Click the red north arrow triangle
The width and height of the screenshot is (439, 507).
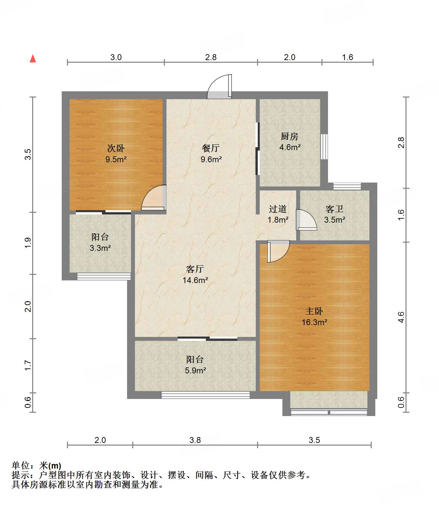pyautogui.click(x=33, y=59)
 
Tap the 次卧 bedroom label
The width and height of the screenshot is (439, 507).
pyautogui.click(x=116, y=148)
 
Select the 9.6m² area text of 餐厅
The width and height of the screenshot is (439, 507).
pyautogui.click(x=211, y=160)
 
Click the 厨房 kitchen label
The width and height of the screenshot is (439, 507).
pyautogui.click(x=290, y=136)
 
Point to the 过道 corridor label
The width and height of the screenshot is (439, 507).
pyautogui.click(x=278, y=209)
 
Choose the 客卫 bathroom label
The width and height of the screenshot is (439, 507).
pyautogui.click(x=335, y=209)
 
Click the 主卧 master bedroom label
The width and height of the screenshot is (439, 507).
pyautogui.click(x=314, y=311)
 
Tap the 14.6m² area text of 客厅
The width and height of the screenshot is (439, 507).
pyautogui.click(x=195, y=280)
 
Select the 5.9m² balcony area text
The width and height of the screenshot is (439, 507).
pyautogui.click(x=195, y=370)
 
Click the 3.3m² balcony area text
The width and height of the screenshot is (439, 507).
pyautogui.click(x=100, y=248)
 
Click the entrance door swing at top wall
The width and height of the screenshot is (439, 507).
pyautogui.click(x=219, y=87)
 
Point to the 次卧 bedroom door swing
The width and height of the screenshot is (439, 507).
pyautogui.click(x=154, y=198)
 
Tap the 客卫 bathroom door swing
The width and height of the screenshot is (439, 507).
pyautogui.click(x=306, y=220)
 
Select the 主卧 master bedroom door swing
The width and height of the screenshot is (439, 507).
pyautogui.click(x=278, y=251)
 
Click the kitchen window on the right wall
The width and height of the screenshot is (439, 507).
pyautogui.click(x=324, y=146)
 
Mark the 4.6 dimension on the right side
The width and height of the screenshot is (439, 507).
pyautogui.click(x=401, y=317)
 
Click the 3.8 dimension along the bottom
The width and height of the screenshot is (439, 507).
pyautogui.click(x=195, y=440)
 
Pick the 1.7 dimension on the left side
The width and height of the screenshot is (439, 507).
pyautogui.click(x=28, y=365)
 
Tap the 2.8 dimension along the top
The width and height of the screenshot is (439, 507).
pyautogui.click(x=211, y=57)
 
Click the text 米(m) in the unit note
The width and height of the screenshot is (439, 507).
pyautogui.click(x=50, y=465)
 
